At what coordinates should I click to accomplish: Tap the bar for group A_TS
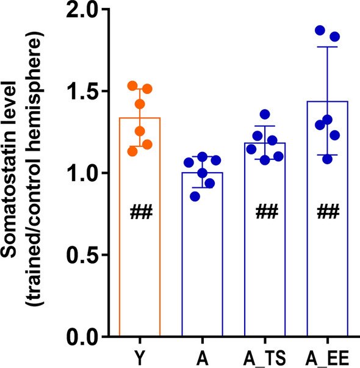[265, 275]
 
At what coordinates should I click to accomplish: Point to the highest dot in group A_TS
[264, 114]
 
